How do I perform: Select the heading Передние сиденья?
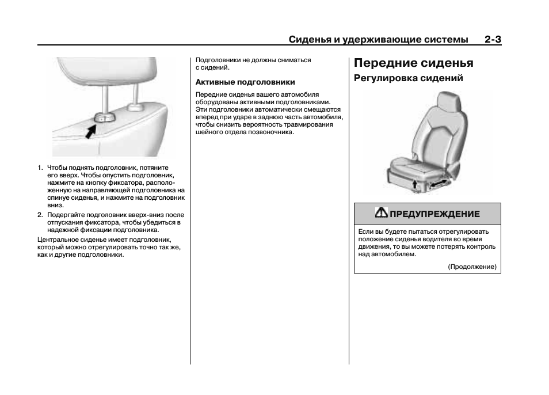pos(413,63)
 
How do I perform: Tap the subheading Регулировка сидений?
pos(408,78)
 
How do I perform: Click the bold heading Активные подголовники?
pos(245,82)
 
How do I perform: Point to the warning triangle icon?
pos(381,213)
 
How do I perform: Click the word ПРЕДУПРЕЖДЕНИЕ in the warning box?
pos(434,214)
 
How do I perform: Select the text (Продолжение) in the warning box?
pos(472,267)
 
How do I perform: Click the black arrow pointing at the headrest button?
pos(89,131)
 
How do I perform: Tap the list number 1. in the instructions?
pos(41,168)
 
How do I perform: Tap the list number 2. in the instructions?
pos(41,215)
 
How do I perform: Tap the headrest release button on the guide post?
pos(104,117)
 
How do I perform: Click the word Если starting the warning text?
pos(365,231)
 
